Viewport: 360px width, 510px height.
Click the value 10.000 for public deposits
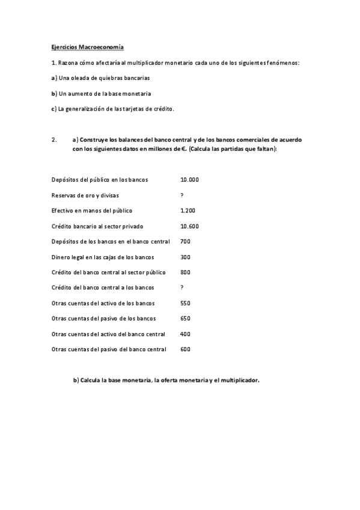[x=189, y=180]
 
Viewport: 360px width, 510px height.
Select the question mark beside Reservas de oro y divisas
[x=182, y=195]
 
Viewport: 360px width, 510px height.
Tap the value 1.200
[x=188, y=210]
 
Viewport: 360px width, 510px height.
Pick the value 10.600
[x=189, y=226]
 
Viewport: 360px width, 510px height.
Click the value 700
[x=185, y=241]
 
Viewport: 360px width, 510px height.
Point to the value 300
[x=185, y=257]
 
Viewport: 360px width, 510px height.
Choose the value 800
[x=185, y=272]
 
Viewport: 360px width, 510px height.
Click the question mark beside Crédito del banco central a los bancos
[x=182, y=287]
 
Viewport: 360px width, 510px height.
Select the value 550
[x=185, y=303]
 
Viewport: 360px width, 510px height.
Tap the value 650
[x=185, y=318]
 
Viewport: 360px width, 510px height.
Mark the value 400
[x=185, y=334]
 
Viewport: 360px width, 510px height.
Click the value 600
[x=185, y=349]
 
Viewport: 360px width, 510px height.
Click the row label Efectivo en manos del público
[x=92, y=210]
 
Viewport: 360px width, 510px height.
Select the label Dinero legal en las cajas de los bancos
[x=103, y=257]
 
